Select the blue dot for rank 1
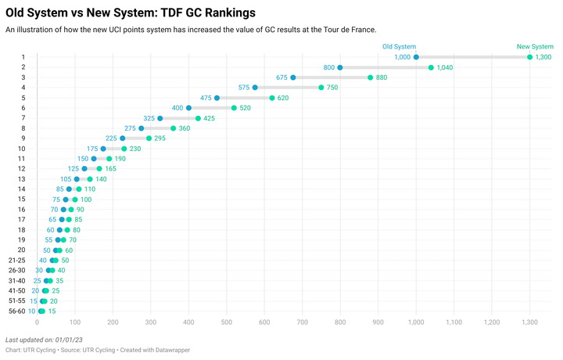tap(416, 57)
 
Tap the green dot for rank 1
tap(530, 57)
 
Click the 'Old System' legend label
tap(399, 47)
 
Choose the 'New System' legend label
tap(535, 47)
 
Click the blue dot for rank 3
tap(293, 77)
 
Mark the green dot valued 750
tap(321, 88)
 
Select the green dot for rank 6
tap(234, 108)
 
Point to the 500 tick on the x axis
tap(226, 322)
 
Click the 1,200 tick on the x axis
tap(492, 322)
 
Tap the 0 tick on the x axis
tap(37, 322)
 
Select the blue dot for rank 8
tap(141, 128)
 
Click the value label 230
tap(135, 149)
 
